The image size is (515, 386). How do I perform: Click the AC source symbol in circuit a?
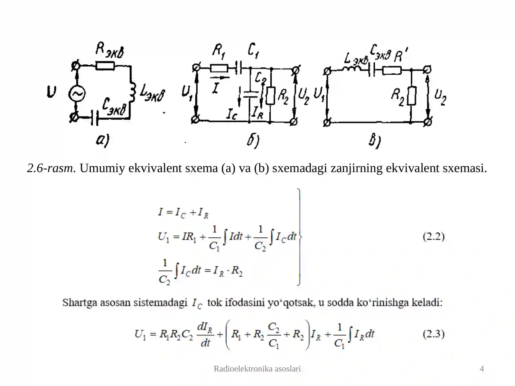tap(77, 94)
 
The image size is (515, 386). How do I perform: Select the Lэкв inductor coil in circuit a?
tap(133, 92)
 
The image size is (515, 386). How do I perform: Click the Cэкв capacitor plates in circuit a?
tap(95, 118)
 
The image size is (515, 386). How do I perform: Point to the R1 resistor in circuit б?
tap(219, 69)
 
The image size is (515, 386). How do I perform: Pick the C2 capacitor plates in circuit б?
tap(250, 94)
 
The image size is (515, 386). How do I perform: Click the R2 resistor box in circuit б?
tap(270, 96)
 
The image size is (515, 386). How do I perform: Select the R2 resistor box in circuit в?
tap(412, 96)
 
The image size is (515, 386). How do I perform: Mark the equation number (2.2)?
tap(434, 236)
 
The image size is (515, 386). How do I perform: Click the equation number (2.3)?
tap(434, 334)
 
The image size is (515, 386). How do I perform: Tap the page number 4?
tap(482, 369)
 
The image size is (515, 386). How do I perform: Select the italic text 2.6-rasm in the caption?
tap(51, 168)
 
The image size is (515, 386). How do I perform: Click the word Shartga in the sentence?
tap(80, 303)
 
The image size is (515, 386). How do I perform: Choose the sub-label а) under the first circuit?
tap(103, 140)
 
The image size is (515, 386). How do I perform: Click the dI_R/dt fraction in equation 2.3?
tap(205, 335)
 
